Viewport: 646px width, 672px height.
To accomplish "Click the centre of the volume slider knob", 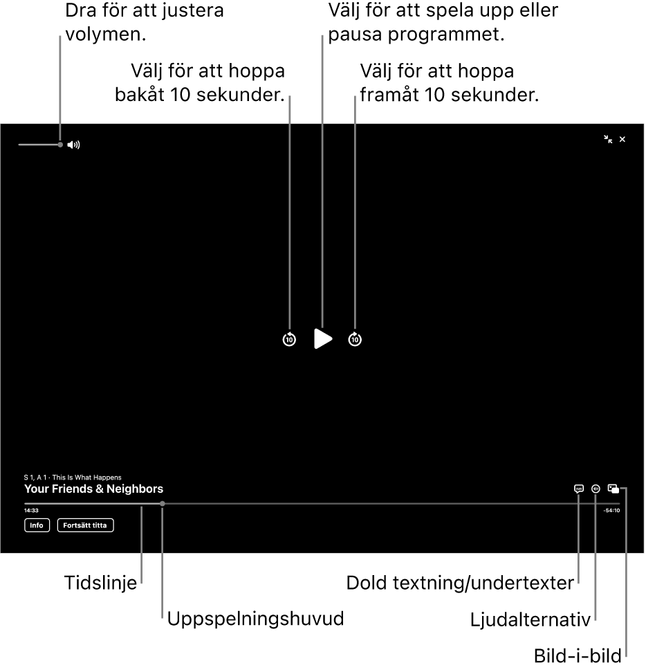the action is [x=60, y=145].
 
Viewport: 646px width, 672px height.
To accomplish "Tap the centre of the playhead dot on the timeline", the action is [x=163, y=504].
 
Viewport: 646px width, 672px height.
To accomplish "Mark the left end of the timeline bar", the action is [x=24, y=504].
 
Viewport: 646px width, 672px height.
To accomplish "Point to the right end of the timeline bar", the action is [x=620, y=504].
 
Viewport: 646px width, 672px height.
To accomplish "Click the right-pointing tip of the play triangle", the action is [x=333, y=339].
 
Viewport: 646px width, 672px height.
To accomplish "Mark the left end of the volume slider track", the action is [x=19, y=145].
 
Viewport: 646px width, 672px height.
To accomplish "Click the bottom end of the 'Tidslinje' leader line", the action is [x=141, y=583].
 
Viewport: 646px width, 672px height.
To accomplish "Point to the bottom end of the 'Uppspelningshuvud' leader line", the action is [x=162, y=617].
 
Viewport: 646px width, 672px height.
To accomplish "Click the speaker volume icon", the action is [x=74, y=145].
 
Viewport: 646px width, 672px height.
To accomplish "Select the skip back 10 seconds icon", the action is [x=289, y=339].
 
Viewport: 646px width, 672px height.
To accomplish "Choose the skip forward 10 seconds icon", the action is [x=355, y=339].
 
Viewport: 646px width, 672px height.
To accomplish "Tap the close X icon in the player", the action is [x=622, y=139].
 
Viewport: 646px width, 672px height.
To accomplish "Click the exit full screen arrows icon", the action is [x=608, y=139].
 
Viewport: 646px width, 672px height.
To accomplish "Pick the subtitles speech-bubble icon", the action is [x=579, y=489].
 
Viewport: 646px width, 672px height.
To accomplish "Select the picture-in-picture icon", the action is [x=613, y=489].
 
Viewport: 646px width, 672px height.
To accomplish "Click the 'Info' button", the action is [x=37, y=525].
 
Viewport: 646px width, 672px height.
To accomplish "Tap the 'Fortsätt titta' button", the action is [x=85, y=525].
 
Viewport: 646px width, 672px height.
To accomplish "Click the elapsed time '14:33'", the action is [x=31, y=511].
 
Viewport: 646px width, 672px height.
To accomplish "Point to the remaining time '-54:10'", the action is [x=611, y=511].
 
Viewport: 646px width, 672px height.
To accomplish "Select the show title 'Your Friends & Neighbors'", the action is [x=94, y=489].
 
